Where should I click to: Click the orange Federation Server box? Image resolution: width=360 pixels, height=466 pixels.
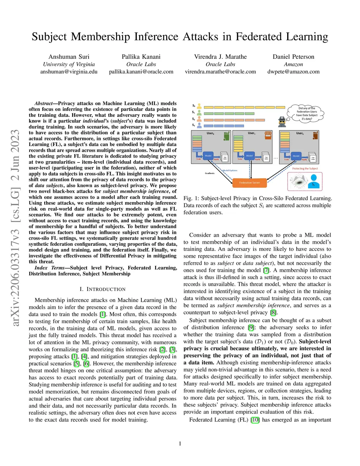(249, 183)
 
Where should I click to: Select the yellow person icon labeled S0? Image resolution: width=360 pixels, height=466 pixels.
(199, 106)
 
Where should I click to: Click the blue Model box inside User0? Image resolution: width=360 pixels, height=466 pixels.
(208, 155)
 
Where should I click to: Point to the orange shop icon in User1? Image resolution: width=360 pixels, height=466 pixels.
(268, 135)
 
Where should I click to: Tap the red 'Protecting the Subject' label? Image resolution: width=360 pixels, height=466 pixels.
(305, 169)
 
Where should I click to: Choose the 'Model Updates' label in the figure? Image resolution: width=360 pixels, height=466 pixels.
(230, 171)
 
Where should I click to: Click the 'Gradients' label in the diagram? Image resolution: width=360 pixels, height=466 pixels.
(210, 173)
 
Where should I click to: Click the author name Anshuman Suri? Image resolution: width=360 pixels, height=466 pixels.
(69, 57)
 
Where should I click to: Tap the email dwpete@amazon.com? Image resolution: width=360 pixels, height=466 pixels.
(294, 72)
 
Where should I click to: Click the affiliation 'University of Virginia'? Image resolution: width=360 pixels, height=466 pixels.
(69, 64)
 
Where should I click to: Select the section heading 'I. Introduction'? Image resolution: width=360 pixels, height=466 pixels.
(102, 289)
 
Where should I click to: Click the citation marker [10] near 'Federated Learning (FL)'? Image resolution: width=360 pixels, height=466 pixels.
(255, 420)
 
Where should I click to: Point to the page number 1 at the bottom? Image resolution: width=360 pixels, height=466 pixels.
(180, 443)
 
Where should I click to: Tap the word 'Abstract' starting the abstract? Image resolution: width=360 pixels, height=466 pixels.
(44, 103)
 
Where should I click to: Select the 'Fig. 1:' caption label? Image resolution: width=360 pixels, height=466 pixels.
(191, 198)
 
